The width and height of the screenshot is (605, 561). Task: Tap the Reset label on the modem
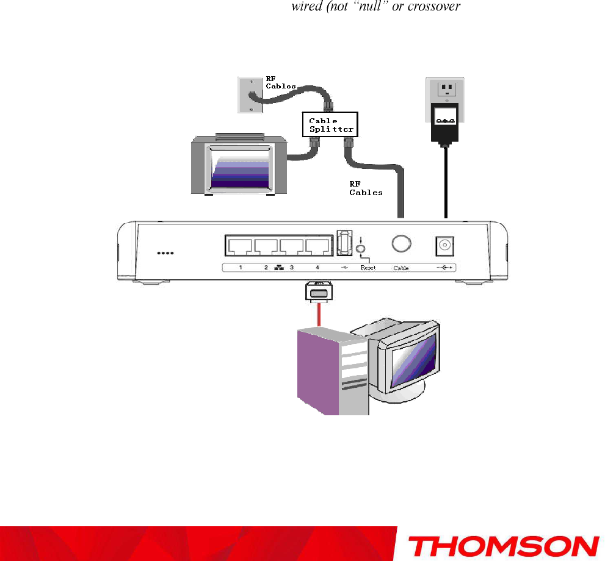pyautogui.click(x=368, y=268)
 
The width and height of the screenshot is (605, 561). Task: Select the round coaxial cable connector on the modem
pyautogui.click(x=400, y=244)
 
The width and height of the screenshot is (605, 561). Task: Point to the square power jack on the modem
pyautogui.click(x=445, y=246)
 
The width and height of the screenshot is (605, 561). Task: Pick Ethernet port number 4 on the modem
pyautogui.click(x=317, y=246)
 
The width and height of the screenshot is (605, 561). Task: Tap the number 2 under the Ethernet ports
pyautogui.click(x=266, y=268)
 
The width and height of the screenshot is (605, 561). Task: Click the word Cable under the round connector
pyautogui.click(x=401, y=268)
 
